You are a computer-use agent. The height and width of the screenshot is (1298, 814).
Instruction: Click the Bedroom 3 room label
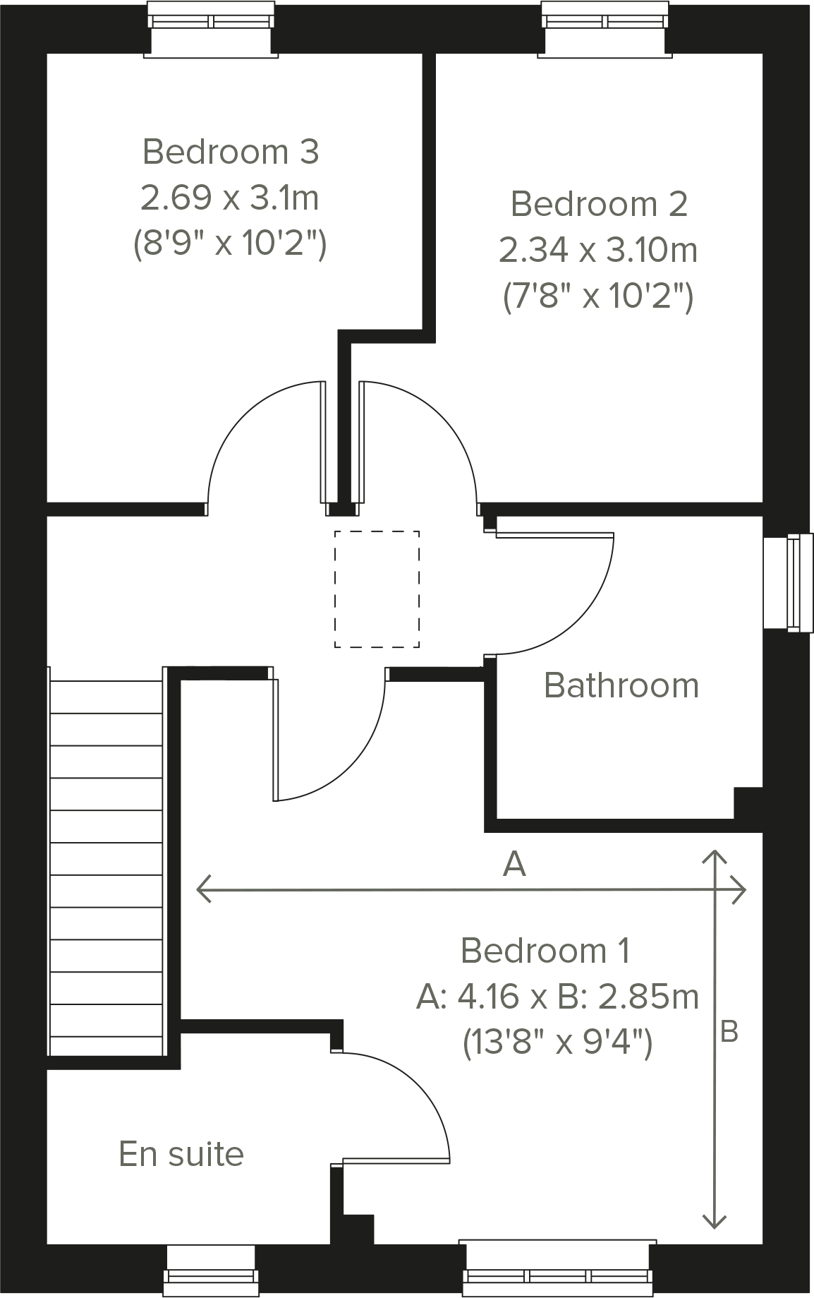coord(231,152)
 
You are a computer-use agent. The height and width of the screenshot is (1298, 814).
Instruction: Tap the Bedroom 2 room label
coord(598,204)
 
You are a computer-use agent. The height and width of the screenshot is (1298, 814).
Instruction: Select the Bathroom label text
coord(621,685)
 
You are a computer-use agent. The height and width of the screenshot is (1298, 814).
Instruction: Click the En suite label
coord(181,1154)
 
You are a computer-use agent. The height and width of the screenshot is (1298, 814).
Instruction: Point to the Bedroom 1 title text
coord(545,951)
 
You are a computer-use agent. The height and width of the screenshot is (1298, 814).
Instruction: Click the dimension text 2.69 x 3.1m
coord(230,198)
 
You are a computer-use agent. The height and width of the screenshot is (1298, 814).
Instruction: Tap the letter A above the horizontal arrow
coord(514,864)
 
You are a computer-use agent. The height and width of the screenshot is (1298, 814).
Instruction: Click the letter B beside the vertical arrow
coord(729,1032)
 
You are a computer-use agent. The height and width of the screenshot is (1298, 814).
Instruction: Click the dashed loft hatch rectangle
coord(377,589)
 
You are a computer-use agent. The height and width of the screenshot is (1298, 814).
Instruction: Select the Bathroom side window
coord(789,582)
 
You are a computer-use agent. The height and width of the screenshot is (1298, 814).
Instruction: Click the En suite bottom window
coord(210,1270)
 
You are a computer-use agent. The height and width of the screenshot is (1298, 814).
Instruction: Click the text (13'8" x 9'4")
coord(557,1042)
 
